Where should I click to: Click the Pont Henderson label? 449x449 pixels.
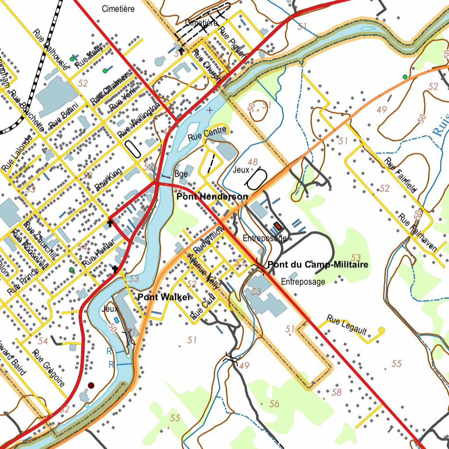point(212,197)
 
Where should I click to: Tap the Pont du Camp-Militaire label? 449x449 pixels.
point(317,265)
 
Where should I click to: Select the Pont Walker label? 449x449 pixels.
point(164,297)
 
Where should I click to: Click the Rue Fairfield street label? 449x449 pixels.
point(401,175)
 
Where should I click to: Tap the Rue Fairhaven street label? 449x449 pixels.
point(417,232)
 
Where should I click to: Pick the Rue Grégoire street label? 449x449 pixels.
point(49,368)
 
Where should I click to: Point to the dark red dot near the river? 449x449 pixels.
point(91,385)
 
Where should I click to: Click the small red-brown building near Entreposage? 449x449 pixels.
point(278,226)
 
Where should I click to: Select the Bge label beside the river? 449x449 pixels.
point(181,174)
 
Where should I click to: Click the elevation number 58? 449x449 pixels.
point(336,392)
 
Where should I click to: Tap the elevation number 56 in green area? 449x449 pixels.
point(274,404)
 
